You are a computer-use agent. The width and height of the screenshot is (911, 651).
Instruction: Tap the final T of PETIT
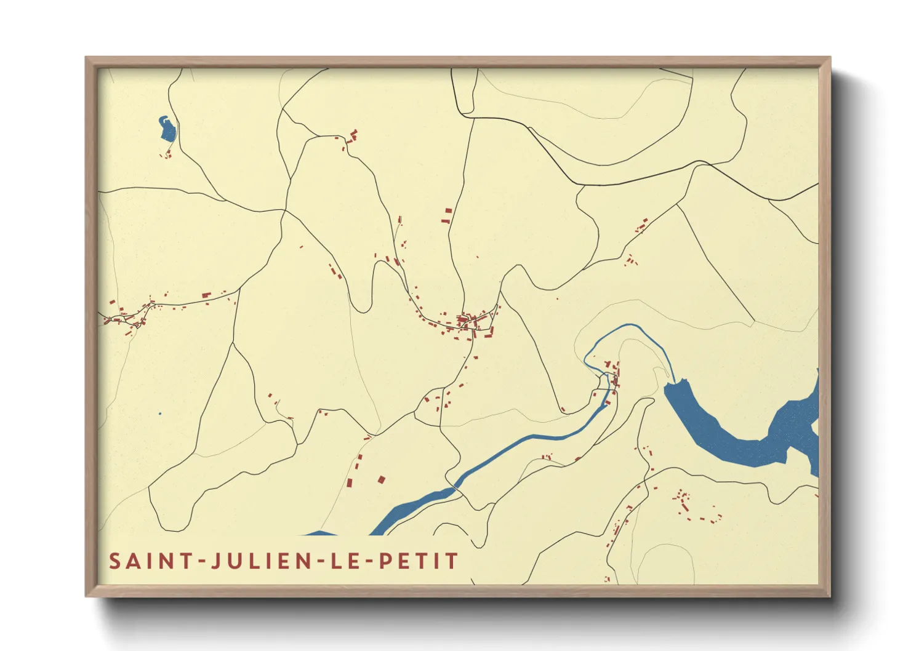click(452, 561)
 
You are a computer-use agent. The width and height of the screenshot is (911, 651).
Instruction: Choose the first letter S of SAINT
click(114, 561)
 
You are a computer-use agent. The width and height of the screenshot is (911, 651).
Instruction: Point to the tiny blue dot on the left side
click(160, 413)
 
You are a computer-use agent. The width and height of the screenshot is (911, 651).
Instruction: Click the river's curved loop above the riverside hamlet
click(616, 335)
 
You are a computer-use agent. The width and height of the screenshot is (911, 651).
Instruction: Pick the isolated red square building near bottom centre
click(381, 479)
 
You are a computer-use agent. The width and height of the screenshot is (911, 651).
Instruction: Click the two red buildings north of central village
click(447, 215)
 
